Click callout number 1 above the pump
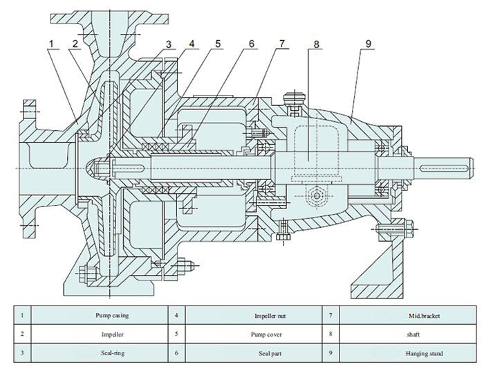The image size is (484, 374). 51,44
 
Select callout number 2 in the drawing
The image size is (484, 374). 75,44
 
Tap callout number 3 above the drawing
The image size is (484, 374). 168,44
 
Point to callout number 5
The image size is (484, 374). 218,44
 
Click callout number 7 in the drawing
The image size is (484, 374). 282,44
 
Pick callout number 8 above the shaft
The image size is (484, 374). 317,44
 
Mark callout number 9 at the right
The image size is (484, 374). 369,44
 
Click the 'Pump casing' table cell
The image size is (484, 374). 112,315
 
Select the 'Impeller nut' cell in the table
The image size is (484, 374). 270,316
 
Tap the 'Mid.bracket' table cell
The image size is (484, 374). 424,316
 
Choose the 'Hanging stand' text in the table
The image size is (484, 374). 424,353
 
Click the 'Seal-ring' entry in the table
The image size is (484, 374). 112,353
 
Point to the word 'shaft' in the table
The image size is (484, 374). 413,334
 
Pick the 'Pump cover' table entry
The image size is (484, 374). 266,335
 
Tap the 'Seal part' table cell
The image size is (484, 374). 270,353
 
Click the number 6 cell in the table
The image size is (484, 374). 176,353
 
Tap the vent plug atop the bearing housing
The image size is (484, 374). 295,100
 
